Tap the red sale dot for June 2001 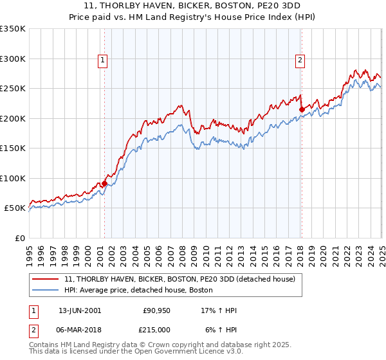pyautogui.click(x=104, y=184)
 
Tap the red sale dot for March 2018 pyautogui.click(x=301, y=109)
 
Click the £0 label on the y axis pyautogui.click(x=19, y=238)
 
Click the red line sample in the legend pyautogui.click(x=45, y=279)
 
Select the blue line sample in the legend pyautogui.click(x=45, y=291)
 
